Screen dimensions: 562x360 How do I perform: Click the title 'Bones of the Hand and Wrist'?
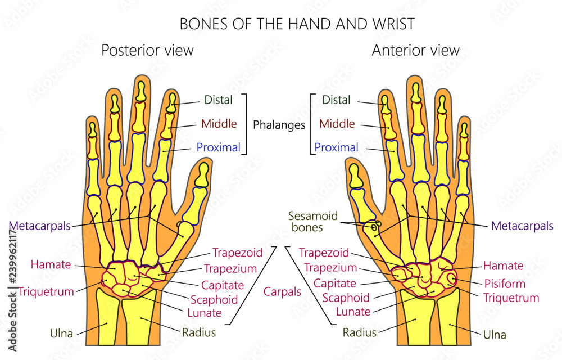click(x=297, y=24)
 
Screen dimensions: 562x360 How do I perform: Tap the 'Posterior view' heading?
click(x=147, y=50)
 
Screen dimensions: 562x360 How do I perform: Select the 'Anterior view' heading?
click(x=415, y=50)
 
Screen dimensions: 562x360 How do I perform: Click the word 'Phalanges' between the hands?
click(x=279, y=125)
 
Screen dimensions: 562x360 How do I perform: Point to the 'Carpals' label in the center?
click(x=282, y=291)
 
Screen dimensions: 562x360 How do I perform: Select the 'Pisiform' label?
click(x=505, y=283)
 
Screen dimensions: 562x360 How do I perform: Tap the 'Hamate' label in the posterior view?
click(x=51, y=264)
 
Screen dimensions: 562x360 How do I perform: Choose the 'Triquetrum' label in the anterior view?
click(x=511, y=298)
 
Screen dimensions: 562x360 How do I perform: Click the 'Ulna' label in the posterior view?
click(x=61, y=334)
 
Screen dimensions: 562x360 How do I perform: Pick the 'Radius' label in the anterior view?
click(x=360, y=332)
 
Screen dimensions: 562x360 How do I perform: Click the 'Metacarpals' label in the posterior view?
click(x=40, y=226)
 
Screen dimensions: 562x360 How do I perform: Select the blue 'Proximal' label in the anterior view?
click(x=336, y=147)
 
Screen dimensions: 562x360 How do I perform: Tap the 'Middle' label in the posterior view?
click(x=219, y=124)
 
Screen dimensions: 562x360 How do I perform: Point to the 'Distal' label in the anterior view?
click(x=336, y=100)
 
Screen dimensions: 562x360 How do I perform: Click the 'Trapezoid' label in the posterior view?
click(x=237, y=253)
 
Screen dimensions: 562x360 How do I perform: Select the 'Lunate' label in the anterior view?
click(x=353, y=312)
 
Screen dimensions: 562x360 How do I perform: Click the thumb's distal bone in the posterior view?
click(x=203, y=174)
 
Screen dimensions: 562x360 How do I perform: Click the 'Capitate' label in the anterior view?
click(x=335, y=283)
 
